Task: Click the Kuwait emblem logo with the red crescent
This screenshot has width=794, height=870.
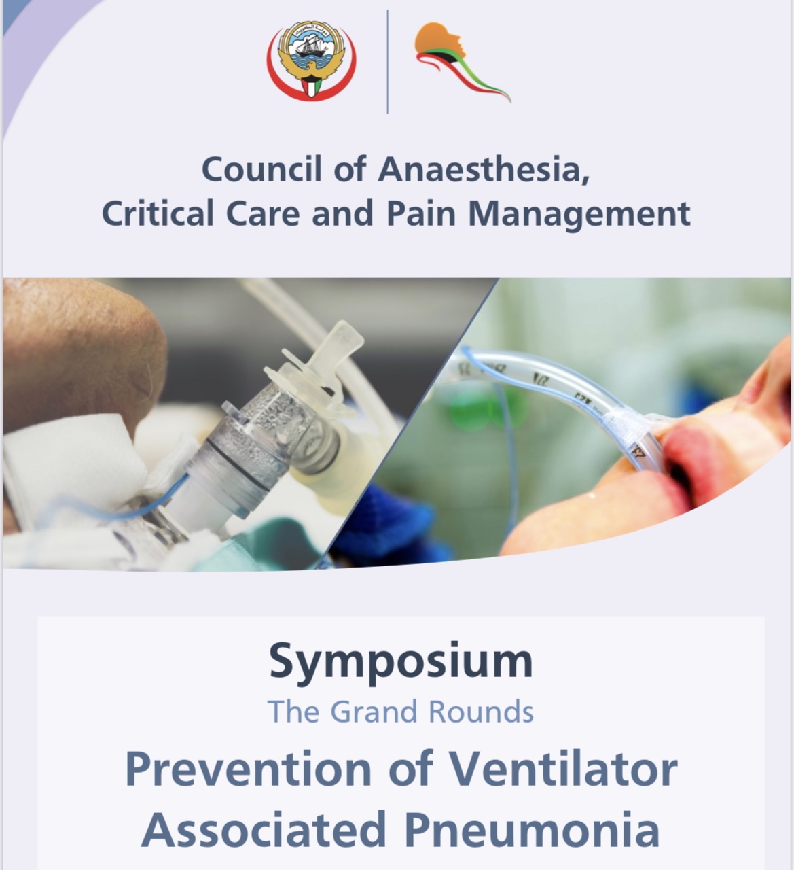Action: pyautogui.click(x=311, y=60)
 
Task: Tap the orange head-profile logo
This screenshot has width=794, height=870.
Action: pyautogui.click(x=462, y=62)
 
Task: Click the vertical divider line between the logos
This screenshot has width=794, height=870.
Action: pyautogui.click(x=387, y=62)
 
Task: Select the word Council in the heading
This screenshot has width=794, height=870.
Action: pyautogui.click(x=262, y=169)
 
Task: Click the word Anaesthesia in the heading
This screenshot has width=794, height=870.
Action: pyautogui.click(x=484, y=169)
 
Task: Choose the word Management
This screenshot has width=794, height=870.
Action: pyautogui.click(x=579, y=215)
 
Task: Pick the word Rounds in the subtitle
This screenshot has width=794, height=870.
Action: pyautogui.click(x=481, y=712)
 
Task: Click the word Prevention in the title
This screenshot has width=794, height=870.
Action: pyautogui.click(x=249, y=769)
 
